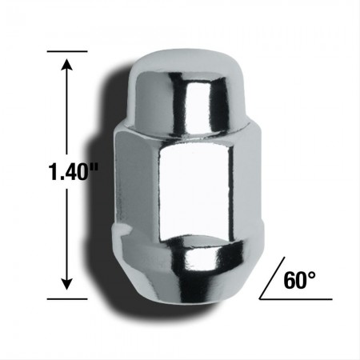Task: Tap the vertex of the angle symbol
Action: tap(259, 298)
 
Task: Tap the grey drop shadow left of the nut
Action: tap(112, 200)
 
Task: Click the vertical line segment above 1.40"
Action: tap(66, 112)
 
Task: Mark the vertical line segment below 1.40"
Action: tap(66, 232)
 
